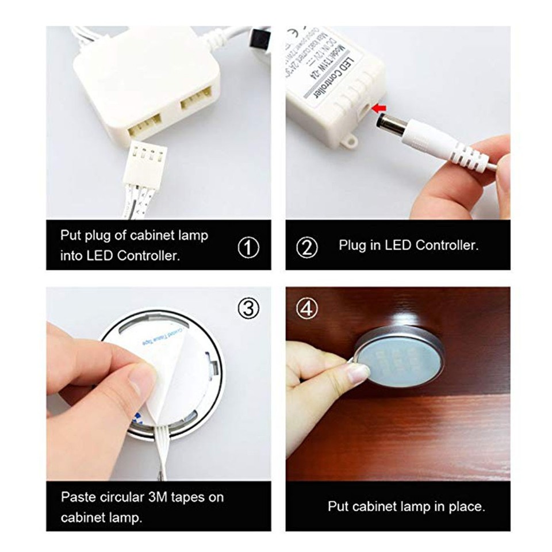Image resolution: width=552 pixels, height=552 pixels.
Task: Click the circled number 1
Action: pyautogui.click(x=248, y=248)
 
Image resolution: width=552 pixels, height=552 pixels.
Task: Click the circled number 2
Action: pyautogui.click(x=306, y=248)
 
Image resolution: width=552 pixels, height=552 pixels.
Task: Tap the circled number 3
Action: pyautogui.click(x=248, y=309)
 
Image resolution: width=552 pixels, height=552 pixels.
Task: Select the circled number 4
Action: pyautogui.click(x=307, y=309)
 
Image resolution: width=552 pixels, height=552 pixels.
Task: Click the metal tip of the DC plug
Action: pyautogui.click(x=384, y=122)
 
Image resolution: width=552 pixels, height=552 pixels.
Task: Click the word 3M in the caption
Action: pyautogui.click(x=164, y=497)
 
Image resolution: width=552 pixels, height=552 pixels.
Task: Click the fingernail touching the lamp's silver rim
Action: pyautogui.click(x=358, y=374)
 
